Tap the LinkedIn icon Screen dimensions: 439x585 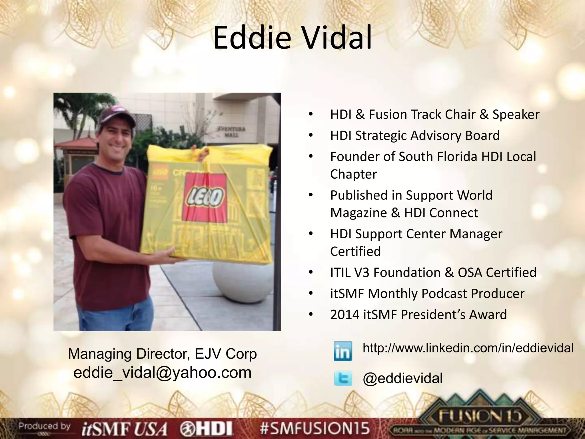tap(343, 351)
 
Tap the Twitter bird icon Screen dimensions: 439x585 tap(343, 379)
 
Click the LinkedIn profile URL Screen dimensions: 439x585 tap(468, 348)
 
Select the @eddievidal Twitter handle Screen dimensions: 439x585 tap(402, 378)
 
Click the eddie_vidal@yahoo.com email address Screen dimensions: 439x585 tap(162, 372)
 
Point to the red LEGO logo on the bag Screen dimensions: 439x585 tap(206, 197)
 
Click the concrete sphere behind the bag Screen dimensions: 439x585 tap(242, 283)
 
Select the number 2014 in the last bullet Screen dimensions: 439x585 tap(344, 315)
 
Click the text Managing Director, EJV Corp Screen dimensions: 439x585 tap(162, 354)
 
